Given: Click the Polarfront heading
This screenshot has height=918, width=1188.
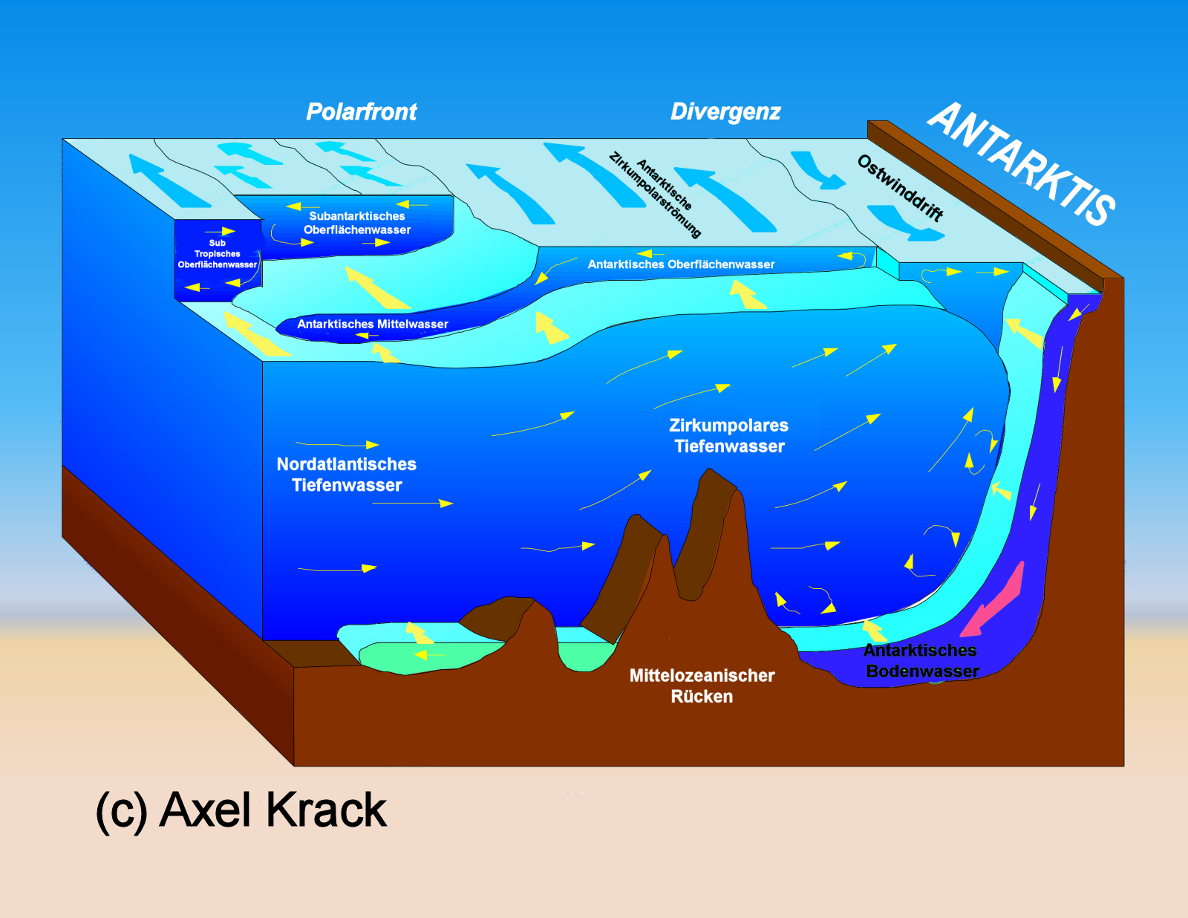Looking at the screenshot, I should (362, 112).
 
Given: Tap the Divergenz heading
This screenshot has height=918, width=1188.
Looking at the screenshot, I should (725, 112).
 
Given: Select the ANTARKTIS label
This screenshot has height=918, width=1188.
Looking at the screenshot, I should (1022, 164).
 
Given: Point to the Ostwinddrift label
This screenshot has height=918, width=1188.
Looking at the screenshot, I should (901, 188).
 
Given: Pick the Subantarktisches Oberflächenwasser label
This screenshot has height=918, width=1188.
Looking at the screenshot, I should (357, 223).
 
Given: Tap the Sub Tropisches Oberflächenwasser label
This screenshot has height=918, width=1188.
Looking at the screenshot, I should (217, 254).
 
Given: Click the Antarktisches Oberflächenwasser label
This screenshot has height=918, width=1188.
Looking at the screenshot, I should (681, 264).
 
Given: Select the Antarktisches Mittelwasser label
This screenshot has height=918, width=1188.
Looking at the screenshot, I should (373, 325).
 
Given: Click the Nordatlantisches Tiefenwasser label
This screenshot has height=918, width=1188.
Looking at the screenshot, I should (347, 475).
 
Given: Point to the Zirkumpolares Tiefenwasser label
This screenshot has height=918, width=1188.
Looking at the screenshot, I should (729, 436).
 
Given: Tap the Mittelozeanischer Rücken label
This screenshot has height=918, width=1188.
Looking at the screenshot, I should (702, 686).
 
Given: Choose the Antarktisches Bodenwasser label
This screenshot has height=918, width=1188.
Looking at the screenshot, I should (921, 661).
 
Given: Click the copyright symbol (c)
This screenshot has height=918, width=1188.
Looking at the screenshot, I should (121, 811).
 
